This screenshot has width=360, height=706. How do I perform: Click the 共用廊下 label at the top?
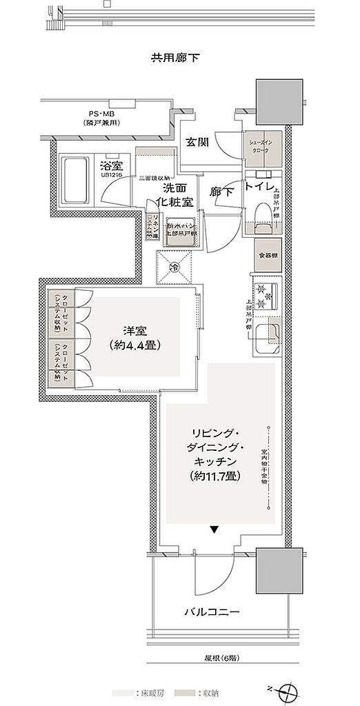pyautogui.click(x=175, y=58)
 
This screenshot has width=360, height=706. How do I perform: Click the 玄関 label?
pyautogui.click(x=197, y=142)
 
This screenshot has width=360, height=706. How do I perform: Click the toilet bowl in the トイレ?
pyautogui.click(x=263, y=214)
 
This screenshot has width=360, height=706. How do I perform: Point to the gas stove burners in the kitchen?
pyautogui.click(x=265, y=296)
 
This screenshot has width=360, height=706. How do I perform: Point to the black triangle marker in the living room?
pyautogui.click(x=214, y=530)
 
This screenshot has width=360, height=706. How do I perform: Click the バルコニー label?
pyautogui.click(x=212, y=611)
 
